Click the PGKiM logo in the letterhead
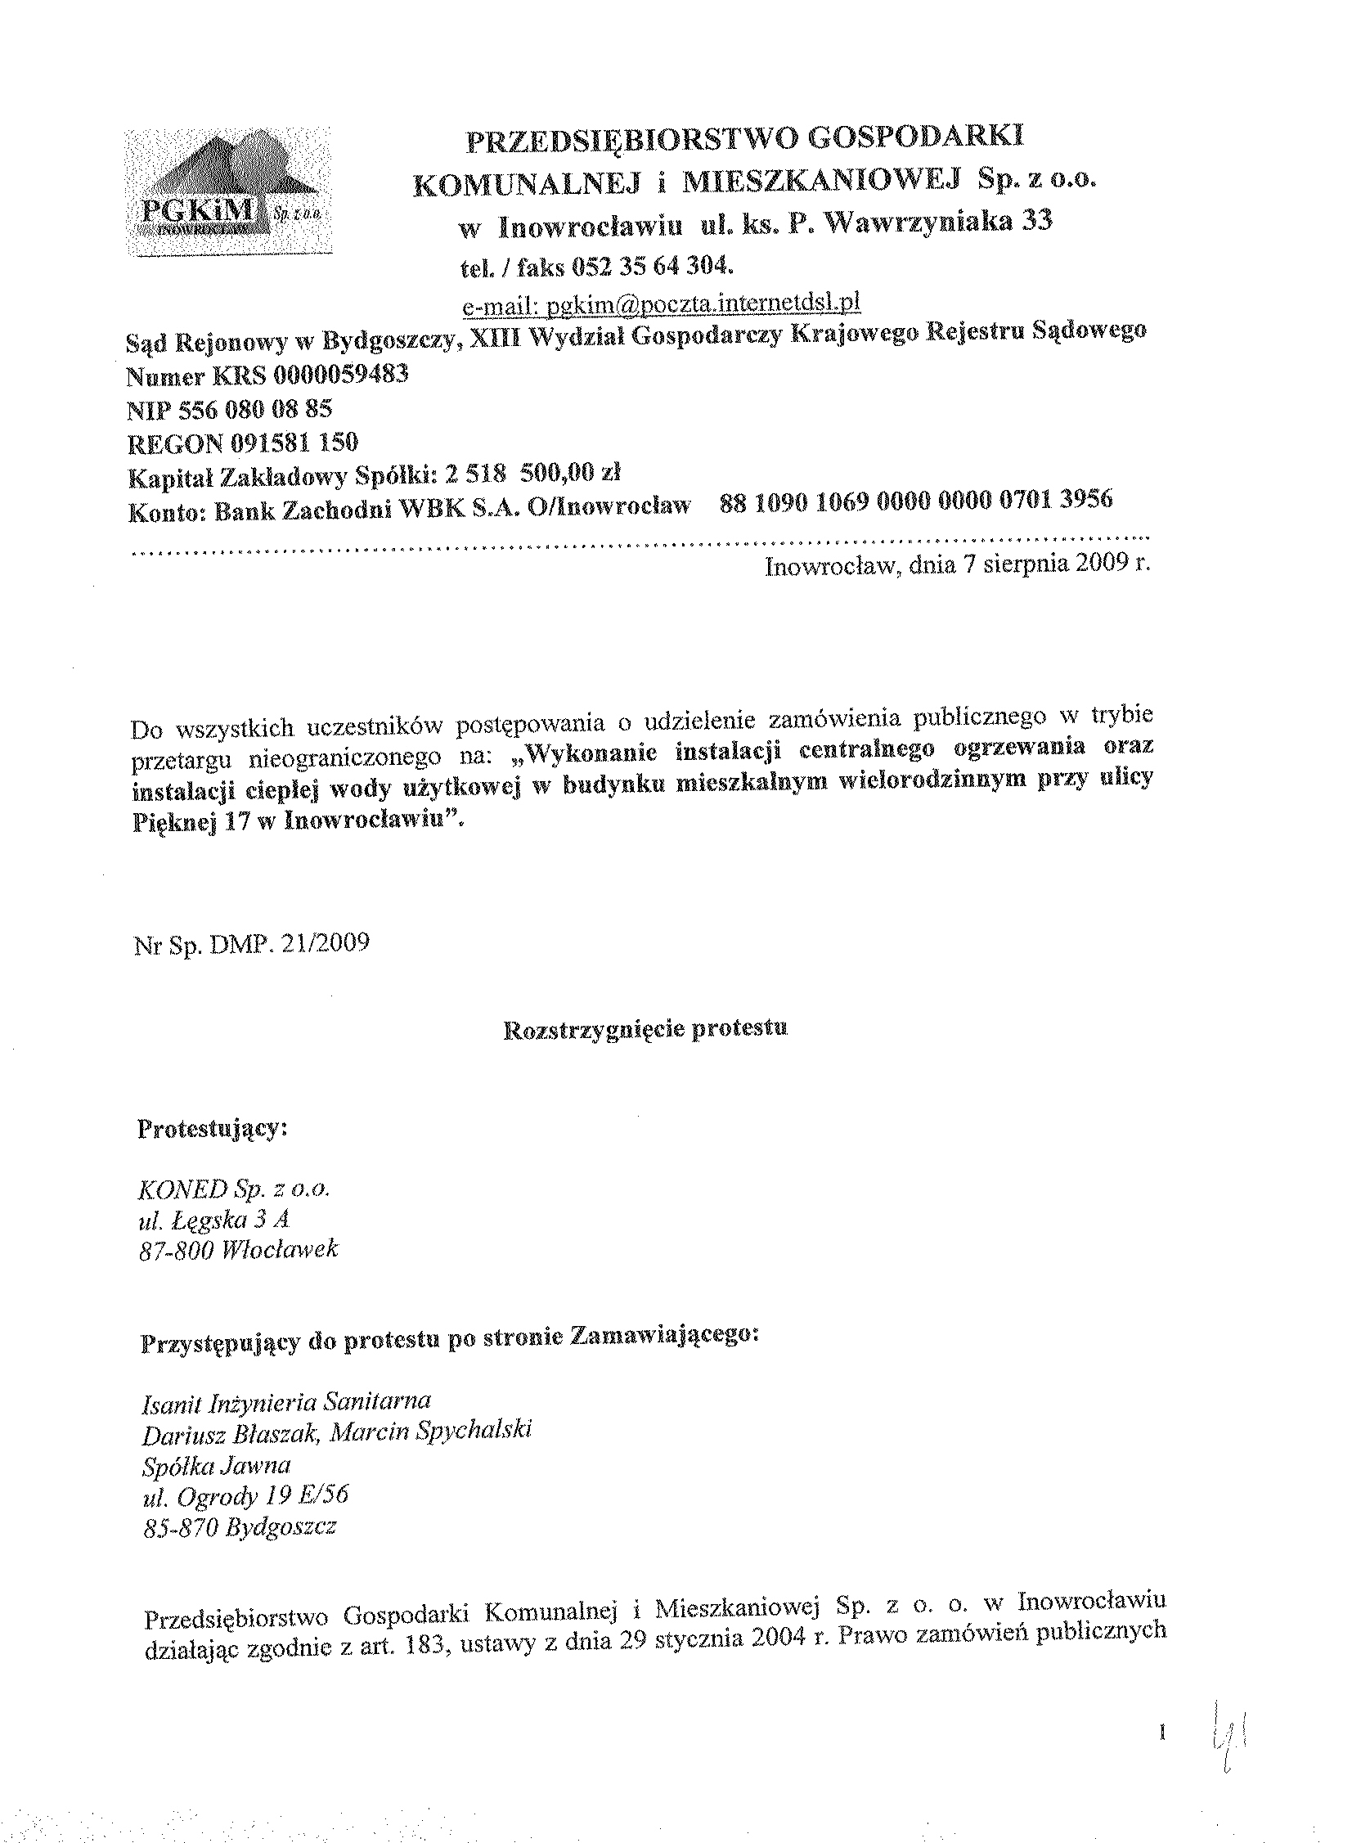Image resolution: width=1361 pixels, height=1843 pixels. [228, 192]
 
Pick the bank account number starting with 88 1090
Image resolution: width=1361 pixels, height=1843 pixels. [916, 500]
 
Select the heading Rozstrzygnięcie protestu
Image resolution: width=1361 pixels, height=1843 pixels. [645, 1028]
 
